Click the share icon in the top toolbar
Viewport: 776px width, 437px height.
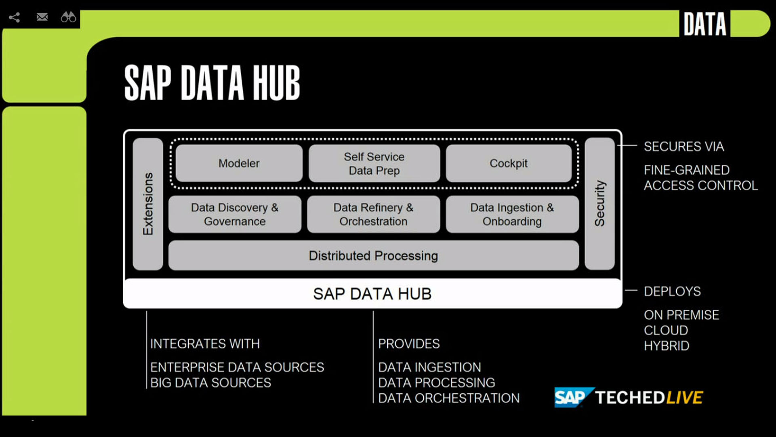[15, 17]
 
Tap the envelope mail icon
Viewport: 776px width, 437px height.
[42, 17]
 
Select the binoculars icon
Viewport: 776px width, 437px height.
[68, 17]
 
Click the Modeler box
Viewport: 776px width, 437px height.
[239, 163]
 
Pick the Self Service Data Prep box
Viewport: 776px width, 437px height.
[374, 163]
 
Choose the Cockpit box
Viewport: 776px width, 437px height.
[508, 163]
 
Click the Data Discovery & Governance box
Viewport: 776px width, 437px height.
[235, 214]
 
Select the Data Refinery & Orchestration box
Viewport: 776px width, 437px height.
[373, 214]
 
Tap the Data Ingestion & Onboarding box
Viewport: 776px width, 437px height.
[512, 214]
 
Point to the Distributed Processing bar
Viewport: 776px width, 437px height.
[373, 255]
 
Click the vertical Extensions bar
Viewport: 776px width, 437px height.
[148, 204]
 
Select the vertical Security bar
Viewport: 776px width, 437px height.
[599, 204]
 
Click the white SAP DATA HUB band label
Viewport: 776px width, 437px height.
[372, 294]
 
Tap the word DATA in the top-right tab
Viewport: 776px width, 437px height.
[705, 24]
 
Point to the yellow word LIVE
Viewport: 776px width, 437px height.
[684, 398]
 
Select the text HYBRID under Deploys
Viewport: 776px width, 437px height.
[667, 346]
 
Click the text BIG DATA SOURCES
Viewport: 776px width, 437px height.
[210, 383]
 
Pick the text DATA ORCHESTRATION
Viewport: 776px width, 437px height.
[449, 398]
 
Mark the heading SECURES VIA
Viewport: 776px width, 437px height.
[683, 146]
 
